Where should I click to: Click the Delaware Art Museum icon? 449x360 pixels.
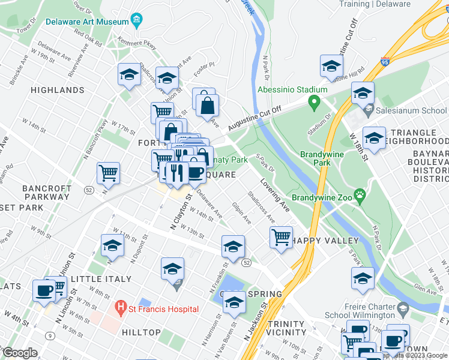[137, 20]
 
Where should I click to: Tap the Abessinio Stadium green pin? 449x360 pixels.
[313, 104]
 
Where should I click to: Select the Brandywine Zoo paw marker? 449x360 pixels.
[360, 195]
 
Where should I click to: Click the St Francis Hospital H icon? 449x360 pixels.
[121, 308]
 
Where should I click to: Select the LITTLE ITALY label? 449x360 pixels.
[101, 280]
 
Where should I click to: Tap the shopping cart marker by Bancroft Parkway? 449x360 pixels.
[109, 173]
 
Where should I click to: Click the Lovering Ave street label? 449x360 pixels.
[275, 196]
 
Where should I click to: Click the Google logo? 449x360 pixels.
[20, 353]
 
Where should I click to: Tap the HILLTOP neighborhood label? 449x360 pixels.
[141, 332]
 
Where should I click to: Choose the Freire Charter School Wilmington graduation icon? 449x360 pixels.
[403, 310]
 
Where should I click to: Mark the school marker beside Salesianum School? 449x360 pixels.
[363, 93]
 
